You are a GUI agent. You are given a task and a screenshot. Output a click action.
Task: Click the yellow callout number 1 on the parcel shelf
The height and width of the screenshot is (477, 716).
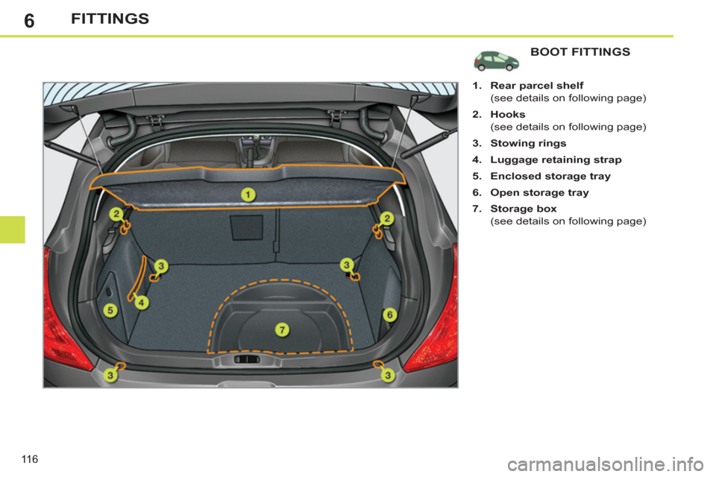248,195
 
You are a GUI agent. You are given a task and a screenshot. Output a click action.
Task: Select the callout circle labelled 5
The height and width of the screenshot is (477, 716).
110,310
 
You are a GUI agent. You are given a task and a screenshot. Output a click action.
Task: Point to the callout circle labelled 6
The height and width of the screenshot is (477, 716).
389,315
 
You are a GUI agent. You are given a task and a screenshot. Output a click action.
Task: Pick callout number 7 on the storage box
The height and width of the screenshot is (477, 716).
282,329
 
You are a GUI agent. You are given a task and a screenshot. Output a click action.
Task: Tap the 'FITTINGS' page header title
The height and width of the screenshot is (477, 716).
110,19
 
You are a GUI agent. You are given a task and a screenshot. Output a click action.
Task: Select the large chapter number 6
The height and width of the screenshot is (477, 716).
29,20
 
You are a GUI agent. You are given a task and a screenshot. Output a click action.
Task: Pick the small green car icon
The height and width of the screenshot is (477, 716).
498,60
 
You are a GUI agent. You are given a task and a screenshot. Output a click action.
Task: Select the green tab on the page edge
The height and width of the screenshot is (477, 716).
13,229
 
